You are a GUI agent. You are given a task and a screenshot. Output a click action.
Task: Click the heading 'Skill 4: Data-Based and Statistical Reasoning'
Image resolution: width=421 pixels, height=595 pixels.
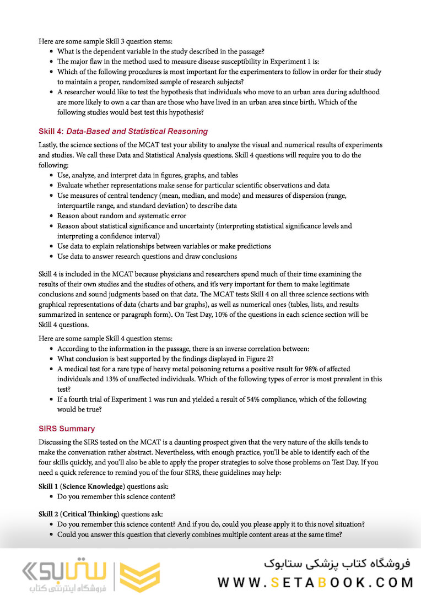pyautogui.click(x=123, y=131)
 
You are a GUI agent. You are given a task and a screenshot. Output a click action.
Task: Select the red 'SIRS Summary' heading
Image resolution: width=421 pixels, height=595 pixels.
pyautogui.click(x=67, y=429)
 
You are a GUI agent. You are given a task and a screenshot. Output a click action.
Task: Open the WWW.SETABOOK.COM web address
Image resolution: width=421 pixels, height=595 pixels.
pyautogui.click(x=315, y=582)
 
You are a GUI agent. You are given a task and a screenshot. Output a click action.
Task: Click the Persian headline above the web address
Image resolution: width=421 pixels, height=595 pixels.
pyautogui.click(x=337, y=563)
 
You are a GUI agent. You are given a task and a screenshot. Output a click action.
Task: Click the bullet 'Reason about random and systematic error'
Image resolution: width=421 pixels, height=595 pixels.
pyautogui.click(x=122, y=216)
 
